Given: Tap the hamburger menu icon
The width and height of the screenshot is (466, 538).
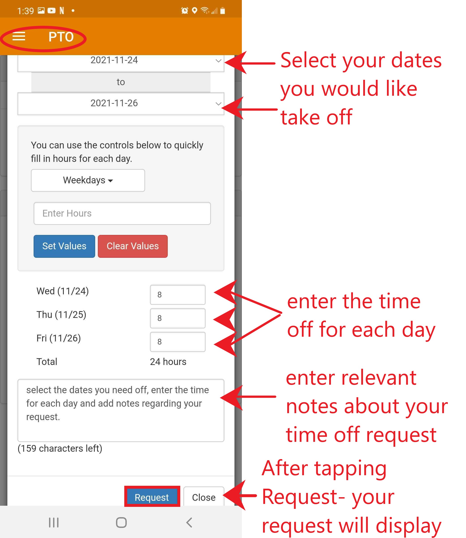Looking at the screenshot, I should (19, 37).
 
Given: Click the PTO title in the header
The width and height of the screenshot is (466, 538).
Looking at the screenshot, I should (61, 37).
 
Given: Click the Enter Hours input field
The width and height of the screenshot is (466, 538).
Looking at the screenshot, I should (122, 213).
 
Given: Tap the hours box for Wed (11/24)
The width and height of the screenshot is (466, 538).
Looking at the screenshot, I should (178, 294).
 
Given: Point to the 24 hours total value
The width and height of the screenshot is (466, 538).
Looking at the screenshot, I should (168, 362).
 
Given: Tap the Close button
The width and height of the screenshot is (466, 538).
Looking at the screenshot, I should (204, 497).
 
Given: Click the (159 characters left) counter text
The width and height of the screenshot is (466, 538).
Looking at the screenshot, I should (60, 448).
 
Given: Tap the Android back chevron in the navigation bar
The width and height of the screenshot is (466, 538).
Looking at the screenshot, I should (189, 522).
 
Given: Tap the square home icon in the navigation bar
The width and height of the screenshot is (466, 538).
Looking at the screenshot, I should (121, 522).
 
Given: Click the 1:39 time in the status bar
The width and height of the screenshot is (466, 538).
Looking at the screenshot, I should (26, 11).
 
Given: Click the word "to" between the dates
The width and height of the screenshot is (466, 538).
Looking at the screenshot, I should (121, 82).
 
